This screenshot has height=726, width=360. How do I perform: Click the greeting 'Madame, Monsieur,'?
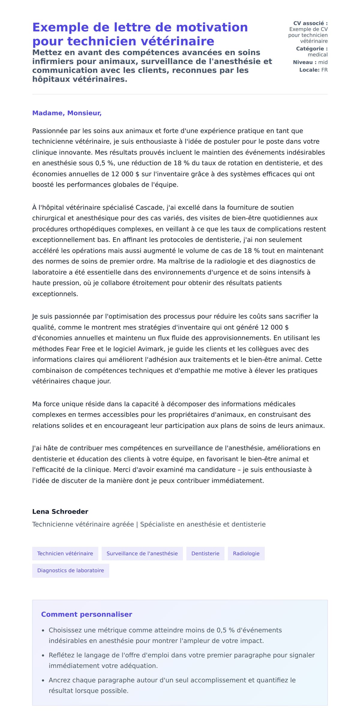(67, 113)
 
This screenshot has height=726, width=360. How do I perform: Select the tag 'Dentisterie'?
(205, 553)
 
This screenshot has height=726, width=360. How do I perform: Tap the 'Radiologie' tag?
(246, 553)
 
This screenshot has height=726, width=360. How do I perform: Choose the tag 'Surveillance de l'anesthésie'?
(142, 553)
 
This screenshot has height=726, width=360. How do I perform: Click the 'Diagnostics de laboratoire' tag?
(70, 571)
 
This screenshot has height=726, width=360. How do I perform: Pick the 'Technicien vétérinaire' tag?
(65, 553)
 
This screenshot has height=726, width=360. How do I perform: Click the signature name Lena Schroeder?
(60, 512)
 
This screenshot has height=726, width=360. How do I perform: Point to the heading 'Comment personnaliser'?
(86, 614)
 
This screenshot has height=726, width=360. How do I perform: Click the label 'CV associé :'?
(310, 23)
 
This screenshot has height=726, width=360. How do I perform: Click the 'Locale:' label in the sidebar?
(309, 70)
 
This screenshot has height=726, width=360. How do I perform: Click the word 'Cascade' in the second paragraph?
(149, 208)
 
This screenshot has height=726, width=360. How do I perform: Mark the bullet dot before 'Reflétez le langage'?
(43, 656)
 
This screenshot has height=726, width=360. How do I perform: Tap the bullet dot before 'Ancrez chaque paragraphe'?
(43, 681)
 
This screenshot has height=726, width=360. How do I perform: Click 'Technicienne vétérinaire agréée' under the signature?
(83, 524)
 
